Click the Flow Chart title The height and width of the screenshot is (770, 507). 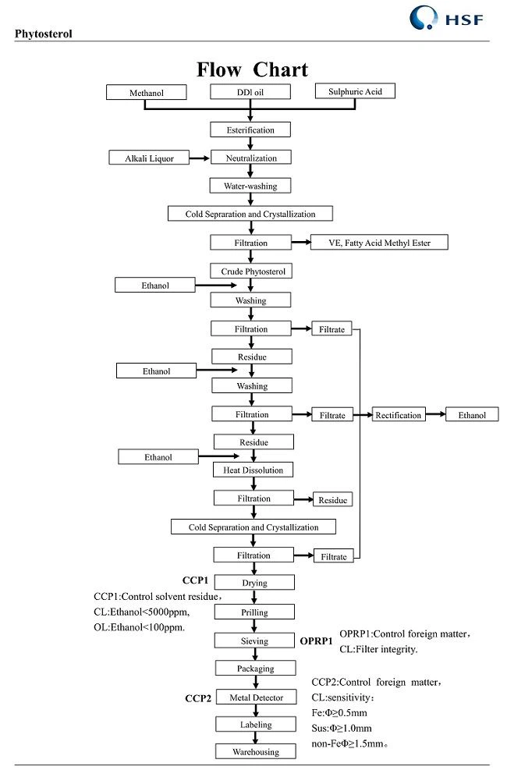252,69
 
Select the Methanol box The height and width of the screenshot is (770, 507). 147,93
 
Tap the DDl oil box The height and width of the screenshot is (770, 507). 250,93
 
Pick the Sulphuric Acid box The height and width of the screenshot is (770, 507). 354,91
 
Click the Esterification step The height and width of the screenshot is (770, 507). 250,130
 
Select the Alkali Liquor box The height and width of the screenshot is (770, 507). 150,158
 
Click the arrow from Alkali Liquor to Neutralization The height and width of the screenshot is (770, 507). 200,158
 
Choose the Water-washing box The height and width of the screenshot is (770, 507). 250,186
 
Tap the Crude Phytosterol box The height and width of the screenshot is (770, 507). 250,271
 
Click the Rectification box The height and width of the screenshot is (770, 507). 399,415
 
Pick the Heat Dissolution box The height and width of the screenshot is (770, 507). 253,470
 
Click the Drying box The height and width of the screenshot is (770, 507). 254,583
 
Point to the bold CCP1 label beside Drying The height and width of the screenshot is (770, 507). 195,580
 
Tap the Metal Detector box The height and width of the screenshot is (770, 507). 255,697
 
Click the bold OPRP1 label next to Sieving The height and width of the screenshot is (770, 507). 317,640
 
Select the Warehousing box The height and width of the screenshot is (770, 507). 255,752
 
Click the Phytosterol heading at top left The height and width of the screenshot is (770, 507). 44,34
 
